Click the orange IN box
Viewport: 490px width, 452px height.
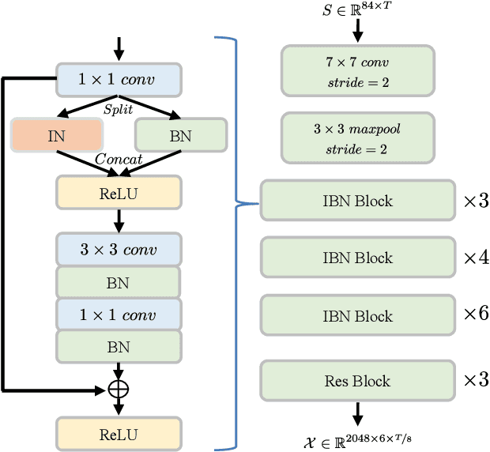(x=56, y=135)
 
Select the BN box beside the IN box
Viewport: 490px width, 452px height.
(x=181, y=135)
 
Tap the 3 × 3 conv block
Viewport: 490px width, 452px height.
(x=119, y=250)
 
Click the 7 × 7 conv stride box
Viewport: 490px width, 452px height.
(x=357, y=71)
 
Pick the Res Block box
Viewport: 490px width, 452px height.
(x=357, y=381)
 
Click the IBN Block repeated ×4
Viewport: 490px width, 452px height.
(x=357, y=258)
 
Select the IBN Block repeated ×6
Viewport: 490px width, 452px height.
(x=357, y=316)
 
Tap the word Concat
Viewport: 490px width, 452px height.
(x=119, y=160)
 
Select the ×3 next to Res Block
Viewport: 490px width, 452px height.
(x=475, y=380)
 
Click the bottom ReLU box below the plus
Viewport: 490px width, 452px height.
(x=119, y=434)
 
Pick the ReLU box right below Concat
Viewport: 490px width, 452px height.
(x=119, y=192)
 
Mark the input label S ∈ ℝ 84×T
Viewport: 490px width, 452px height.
(x=357, y=12)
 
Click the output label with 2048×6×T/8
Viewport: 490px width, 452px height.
(x=357, y=440)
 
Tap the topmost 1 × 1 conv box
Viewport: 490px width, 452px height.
(x=119, y=79)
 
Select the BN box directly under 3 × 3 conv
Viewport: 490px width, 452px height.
(x=119, y=282)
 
